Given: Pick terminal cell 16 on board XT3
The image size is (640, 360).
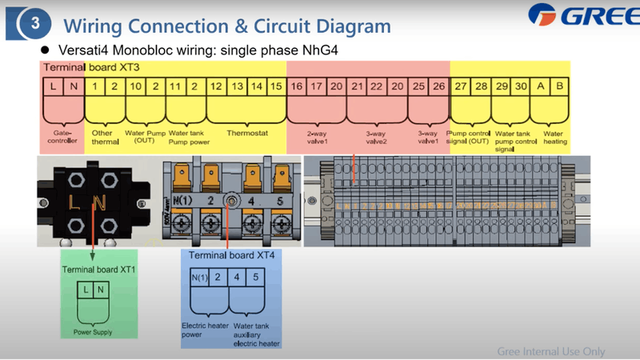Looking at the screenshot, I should (x=297, y=85).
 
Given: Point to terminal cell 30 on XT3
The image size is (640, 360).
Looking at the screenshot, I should (x=521, y=85).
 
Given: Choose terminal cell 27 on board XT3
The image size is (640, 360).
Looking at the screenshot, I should (x=461, y=85).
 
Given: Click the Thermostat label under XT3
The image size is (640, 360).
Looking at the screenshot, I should (x=245, y=134).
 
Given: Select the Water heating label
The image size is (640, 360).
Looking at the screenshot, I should (x=554, y=138).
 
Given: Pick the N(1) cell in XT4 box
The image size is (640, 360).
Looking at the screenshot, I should (x=199, y=278).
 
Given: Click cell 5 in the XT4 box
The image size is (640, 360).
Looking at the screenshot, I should (x=254, y=278).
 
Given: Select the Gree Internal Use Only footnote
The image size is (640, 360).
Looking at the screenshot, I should (x=550, y=351).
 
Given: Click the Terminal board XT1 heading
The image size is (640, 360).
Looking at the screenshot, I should (x=100, y=270).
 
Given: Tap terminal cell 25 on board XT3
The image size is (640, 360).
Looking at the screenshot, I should (x=418, y=85).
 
